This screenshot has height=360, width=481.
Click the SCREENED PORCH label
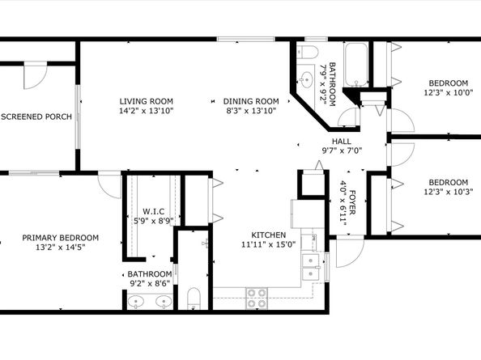[36, 116]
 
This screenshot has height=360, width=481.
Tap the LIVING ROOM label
[147, 101]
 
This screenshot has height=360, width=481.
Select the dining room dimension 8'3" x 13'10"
[252, 111]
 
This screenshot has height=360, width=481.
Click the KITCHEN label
[268, 235]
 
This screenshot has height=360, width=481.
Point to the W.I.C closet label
[153, 211]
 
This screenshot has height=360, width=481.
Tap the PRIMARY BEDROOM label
[61, 238]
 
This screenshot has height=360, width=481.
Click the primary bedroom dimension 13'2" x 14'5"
[61, 247]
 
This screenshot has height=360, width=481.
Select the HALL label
[342, 142]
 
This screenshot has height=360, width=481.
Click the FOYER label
[353, 202]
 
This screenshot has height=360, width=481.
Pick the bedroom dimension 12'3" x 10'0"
[448, 92]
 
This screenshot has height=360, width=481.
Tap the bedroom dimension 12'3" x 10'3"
[448, 192]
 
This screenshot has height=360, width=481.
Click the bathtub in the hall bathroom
[355, 65]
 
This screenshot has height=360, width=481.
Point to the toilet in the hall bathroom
[307, 52]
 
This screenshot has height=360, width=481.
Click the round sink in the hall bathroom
[306, 79]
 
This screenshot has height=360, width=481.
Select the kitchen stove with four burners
[257, 298]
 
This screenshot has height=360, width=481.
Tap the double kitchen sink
[311, 267]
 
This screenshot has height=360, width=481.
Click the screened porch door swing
[36, 77]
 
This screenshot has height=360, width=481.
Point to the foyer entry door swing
[350, 252]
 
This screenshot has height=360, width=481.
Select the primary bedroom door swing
[109, 186]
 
